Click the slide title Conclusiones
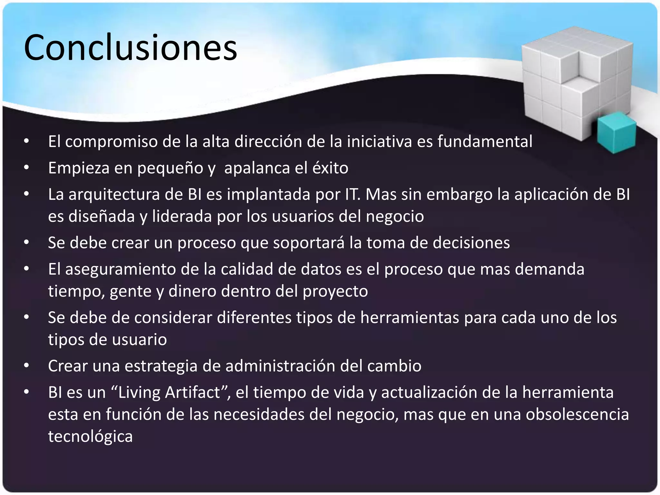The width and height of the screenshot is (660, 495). [x=131, y=48]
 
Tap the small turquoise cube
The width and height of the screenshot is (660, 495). [x=616, y=132]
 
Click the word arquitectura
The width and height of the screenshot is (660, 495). [x=114, y=195]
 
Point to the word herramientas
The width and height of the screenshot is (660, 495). [x=410, y=318]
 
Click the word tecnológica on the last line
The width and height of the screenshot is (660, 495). [x=90, y=437]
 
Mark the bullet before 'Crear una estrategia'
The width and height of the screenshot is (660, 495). [x=26, y=366]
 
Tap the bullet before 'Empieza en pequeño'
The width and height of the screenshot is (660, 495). [x=26, y=168]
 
